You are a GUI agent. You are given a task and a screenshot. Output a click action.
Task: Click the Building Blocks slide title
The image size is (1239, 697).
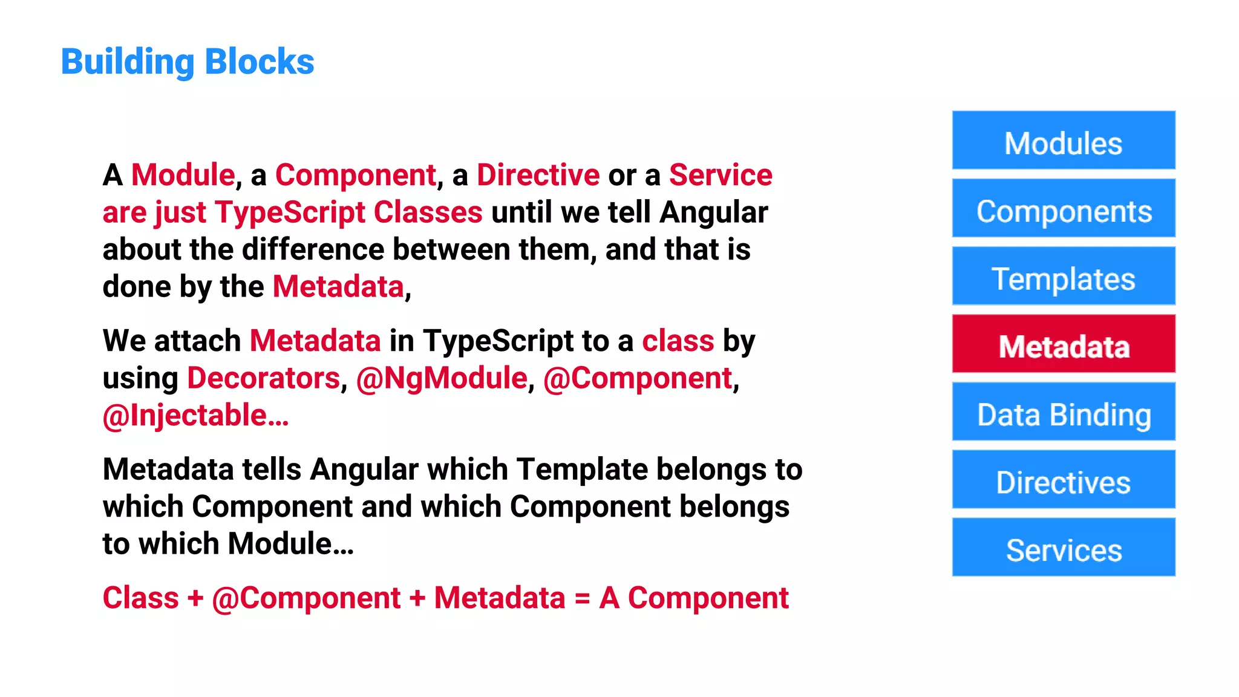pyautogui.click(x=188, y=62)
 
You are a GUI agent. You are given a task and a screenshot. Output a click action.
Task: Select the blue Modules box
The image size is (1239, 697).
pyautogui.click(x=1064, y=140)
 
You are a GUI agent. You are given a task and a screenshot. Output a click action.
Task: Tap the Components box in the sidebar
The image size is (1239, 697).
pyautogui.click(x=1064, y=208)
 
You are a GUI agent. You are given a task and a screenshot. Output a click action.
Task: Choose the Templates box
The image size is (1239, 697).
pyautogui.click(x=1064, y=276)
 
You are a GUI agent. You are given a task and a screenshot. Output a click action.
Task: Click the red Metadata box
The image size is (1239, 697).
pyautogui.click(x=1064, y=344)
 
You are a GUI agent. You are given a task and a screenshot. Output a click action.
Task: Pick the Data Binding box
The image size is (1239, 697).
pyautogui.click(x=1064, y=412)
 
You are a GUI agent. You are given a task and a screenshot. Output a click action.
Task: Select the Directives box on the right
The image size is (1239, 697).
pyautogui.click(x=1064, y=480)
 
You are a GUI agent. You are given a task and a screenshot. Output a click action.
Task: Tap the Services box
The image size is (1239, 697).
pyautogui.click(x=1064, y=548)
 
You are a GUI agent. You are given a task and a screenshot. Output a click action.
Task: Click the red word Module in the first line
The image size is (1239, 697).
pyautogui.click(x=183, y=175)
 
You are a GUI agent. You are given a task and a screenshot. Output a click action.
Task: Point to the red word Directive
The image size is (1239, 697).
pyautogui.click(x=538, y=175)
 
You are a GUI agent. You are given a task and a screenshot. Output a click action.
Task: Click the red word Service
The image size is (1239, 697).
pyautogui.click(x=721, y=175)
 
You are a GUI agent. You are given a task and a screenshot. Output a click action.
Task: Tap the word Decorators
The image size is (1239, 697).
pyautogui.click(x=264, y=379)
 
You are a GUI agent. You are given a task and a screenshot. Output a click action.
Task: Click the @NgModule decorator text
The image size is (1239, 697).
pyautogui.click(x=442, y=379)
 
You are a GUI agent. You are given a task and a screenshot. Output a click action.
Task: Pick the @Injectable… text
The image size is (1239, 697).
pyautogui.click(x=195, y=416)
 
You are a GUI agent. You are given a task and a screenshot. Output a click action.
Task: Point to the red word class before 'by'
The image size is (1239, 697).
pyautogui.click(x=678, y=341)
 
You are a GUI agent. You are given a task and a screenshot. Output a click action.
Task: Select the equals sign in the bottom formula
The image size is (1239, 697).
pyautogui.click(x=582, y=599)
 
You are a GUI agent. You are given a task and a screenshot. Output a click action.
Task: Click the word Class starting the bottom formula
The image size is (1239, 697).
pyautogui.click(x=140, y=598)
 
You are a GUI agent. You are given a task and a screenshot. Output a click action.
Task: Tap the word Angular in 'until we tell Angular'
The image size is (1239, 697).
pyautogui.click(x=714, y=213)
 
